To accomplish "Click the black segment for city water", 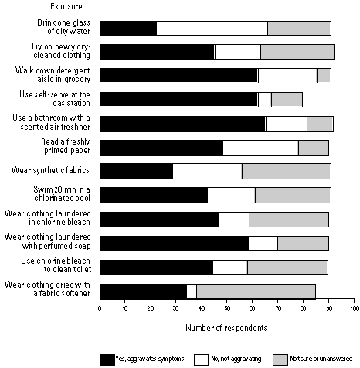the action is click(128, 28).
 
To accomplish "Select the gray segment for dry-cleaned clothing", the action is click(297, 52).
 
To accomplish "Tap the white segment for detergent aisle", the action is click(287, 76).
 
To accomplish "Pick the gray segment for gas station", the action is click(287, 99).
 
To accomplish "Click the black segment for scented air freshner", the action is click(183, 124).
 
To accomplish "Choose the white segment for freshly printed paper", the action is click(260, 148).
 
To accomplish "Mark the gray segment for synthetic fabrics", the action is click(287, 171).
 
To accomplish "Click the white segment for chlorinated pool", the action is click(232, 195).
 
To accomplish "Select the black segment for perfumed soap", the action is click(175, 243).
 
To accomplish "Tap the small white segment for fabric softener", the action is click(192, 291).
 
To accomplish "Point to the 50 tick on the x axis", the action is click(227, 302).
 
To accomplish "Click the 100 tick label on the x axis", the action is click(355, 308).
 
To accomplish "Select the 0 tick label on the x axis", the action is click(100, 308).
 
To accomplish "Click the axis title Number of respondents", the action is click(226, 328).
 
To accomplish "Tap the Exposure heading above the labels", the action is click(66, 6).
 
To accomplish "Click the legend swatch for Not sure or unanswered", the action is click(280, 359).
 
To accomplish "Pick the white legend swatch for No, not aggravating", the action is click(201, 359).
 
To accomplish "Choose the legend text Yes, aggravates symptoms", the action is click(149, 359).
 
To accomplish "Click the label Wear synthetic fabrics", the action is click(50, 170).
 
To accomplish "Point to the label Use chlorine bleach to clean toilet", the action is click(56, 265).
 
